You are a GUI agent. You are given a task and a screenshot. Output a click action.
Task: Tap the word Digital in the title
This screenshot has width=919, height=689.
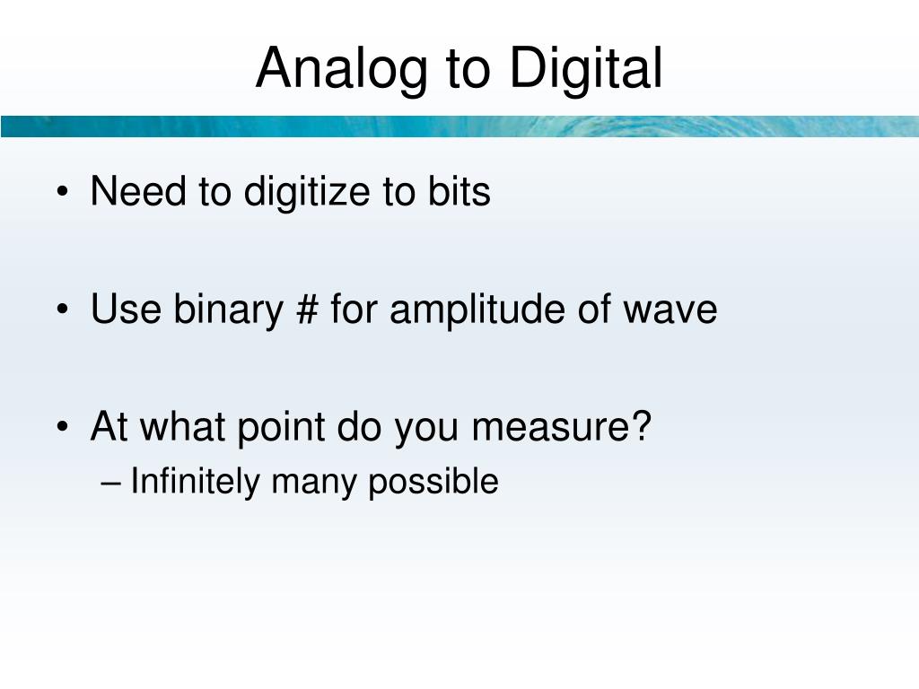586,68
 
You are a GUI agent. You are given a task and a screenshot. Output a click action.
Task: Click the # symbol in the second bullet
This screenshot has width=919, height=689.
307,309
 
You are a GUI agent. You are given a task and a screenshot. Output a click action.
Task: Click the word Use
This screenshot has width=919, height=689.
126,309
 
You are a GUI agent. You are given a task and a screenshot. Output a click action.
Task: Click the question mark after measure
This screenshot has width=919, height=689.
640,426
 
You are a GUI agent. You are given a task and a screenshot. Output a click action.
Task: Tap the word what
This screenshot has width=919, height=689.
183,426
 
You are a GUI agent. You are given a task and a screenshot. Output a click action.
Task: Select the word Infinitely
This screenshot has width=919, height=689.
195,482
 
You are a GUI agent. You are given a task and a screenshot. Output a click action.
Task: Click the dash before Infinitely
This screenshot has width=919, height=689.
111,484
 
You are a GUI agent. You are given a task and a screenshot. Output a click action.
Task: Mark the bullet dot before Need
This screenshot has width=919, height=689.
63,192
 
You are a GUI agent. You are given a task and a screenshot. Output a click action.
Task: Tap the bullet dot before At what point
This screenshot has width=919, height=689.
63,426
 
